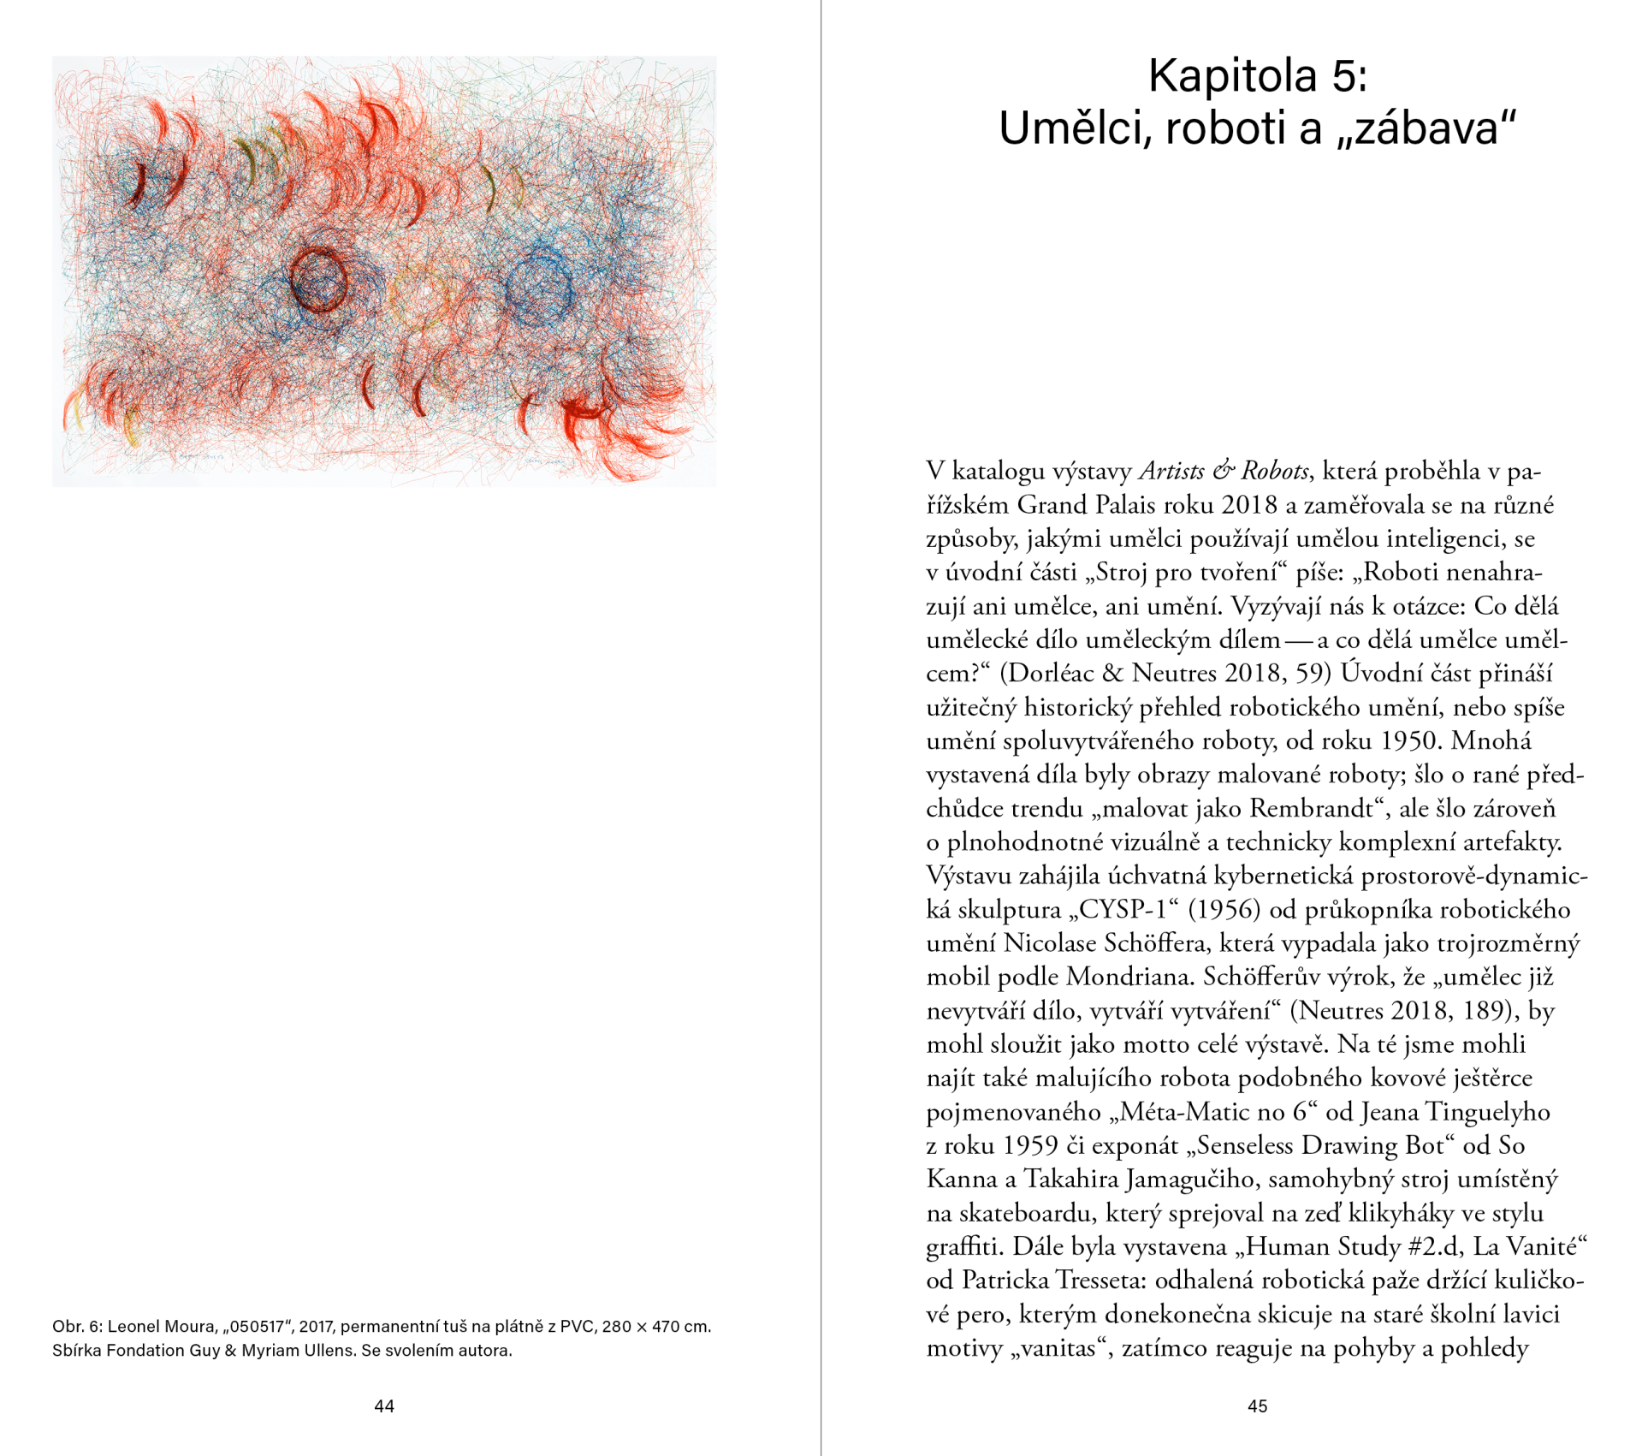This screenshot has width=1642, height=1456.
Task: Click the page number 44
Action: pyautogui.click(x=384, y=1406)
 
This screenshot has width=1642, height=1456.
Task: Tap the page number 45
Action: pyautogui.click(x=1257, y=1406)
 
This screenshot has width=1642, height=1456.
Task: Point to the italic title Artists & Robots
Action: pyautogui.click(x=1224, y=471)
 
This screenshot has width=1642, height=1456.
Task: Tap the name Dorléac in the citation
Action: pyautogui.click(x=1049, y=674)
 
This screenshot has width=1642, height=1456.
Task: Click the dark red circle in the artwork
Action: pyautogui.click(x=318, y=279)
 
